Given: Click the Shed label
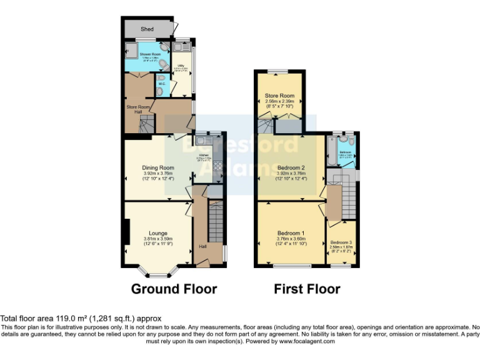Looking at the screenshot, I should (147, 29).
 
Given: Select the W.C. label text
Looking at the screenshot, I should (161, 83).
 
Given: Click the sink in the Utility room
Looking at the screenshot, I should (182, 47).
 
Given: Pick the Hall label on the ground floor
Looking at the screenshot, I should (202, 246).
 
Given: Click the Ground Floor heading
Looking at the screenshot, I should (174, 289).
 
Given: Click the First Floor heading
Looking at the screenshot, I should (307, 289).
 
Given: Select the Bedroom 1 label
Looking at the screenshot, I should (290, 232).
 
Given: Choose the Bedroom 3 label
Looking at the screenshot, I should (341, 242).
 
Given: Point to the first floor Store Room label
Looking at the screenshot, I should (279, 96).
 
